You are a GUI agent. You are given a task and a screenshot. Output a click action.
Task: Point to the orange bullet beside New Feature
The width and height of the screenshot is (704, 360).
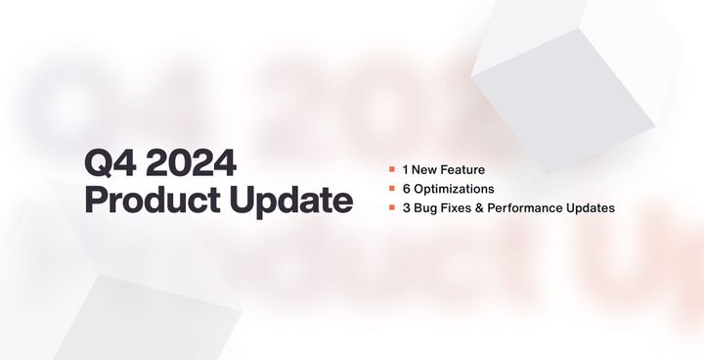pyautogui.click(x=391, y=169)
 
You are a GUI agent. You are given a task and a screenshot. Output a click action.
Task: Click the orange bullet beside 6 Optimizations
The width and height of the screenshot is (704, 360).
pyautogui.click(x=391, y=188)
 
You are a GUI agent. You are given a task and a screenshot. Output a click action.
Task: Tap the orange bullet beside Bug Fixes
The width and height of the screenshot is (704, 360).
pyautogui.click(x=391, y=206)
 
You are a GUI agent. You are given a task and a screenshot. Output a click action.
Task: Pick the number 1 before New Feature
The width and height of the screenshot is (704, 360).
pyautogui.click(x=404, y=169)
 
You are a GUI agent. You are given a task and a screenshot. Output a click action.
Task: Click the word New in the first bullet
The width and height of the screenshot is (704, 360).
pyautogui.click(x=425, y=169)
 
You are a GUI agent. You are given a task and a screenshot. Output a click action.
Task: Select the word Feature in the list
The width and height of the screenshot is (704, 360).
pyautogui.click(x=462, y=169)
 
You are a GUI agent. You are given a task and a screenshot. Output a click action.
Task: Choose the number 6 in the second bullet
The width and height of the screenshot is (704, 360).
pyautogui.click(x=405, y=188)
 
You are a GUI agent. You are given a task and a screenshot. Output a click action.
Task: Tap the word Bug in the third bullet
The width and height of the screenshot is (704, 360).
pyautogui.click(x=424, y=207)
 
